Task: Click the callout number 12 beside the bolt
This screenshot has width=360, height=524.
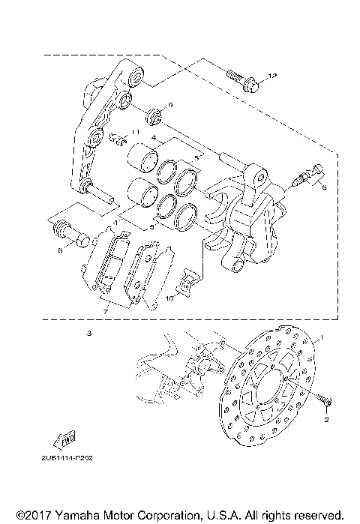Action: point(272,76)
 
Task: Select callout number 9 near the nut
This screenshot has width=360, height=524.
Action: point(170,106)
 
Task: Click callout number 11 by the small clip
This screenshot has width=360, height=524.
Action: point(136,132)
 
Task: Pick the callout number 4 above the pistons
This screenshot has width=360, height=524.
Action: point(153,138)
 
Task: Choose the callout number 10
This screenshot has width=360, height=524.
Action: point(170,298)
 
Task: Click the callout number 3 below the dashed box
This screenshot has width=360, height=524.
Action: point(88,332)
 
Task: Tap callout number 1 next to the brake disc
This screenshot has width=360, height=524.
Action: point(322,338)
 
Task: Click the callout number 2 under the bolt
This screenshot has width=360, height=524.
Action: point(326,421)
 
